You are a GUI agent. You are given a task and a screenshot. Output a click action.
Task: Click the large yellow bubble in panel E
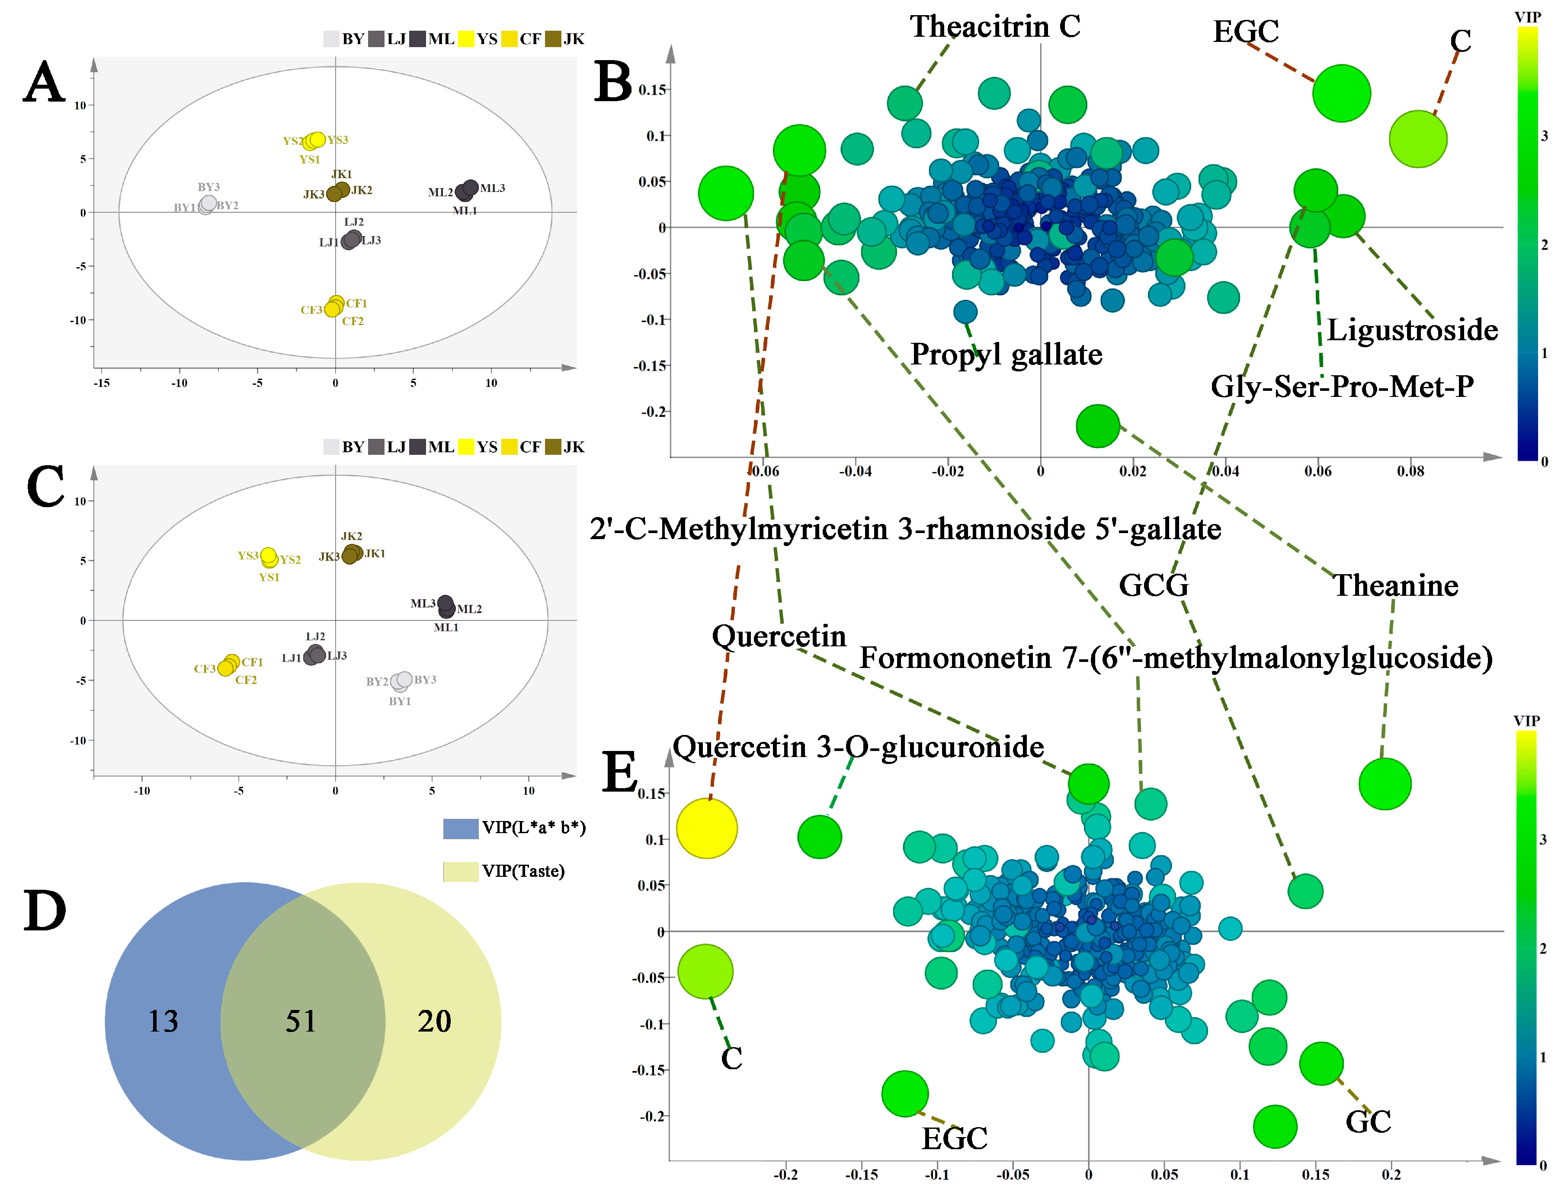[x=706, y=828]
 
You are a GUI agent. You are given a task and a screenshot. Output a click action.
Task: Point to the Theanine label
[x=1394, y=585]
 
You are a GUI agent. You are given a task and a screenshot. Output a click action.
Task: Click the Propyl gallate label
[x=1006, y=354]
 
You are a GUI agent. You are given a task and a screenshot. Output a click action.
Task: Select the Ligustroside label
[x=1412, y=330]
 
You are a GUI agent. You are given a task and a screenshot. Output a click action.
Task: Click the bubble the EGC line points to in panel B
[x=1341, y=93]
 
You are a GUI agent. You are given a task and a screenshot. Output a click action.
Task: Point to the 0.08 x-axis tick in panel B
[x=1410, y=471]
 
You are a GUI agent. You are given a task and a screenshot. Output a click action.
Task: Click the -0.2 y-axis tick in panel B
[x=653, y=412]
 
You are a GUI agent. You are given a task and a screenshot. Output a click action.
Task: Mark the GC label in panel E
[x=1368, y=1122]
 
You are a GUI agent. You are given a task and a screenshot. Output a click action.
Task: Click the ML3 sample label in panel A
[x=492, y=189]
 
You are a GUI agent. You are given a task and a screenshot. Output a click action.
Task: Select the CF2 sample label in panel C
[x=246, y=680]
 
